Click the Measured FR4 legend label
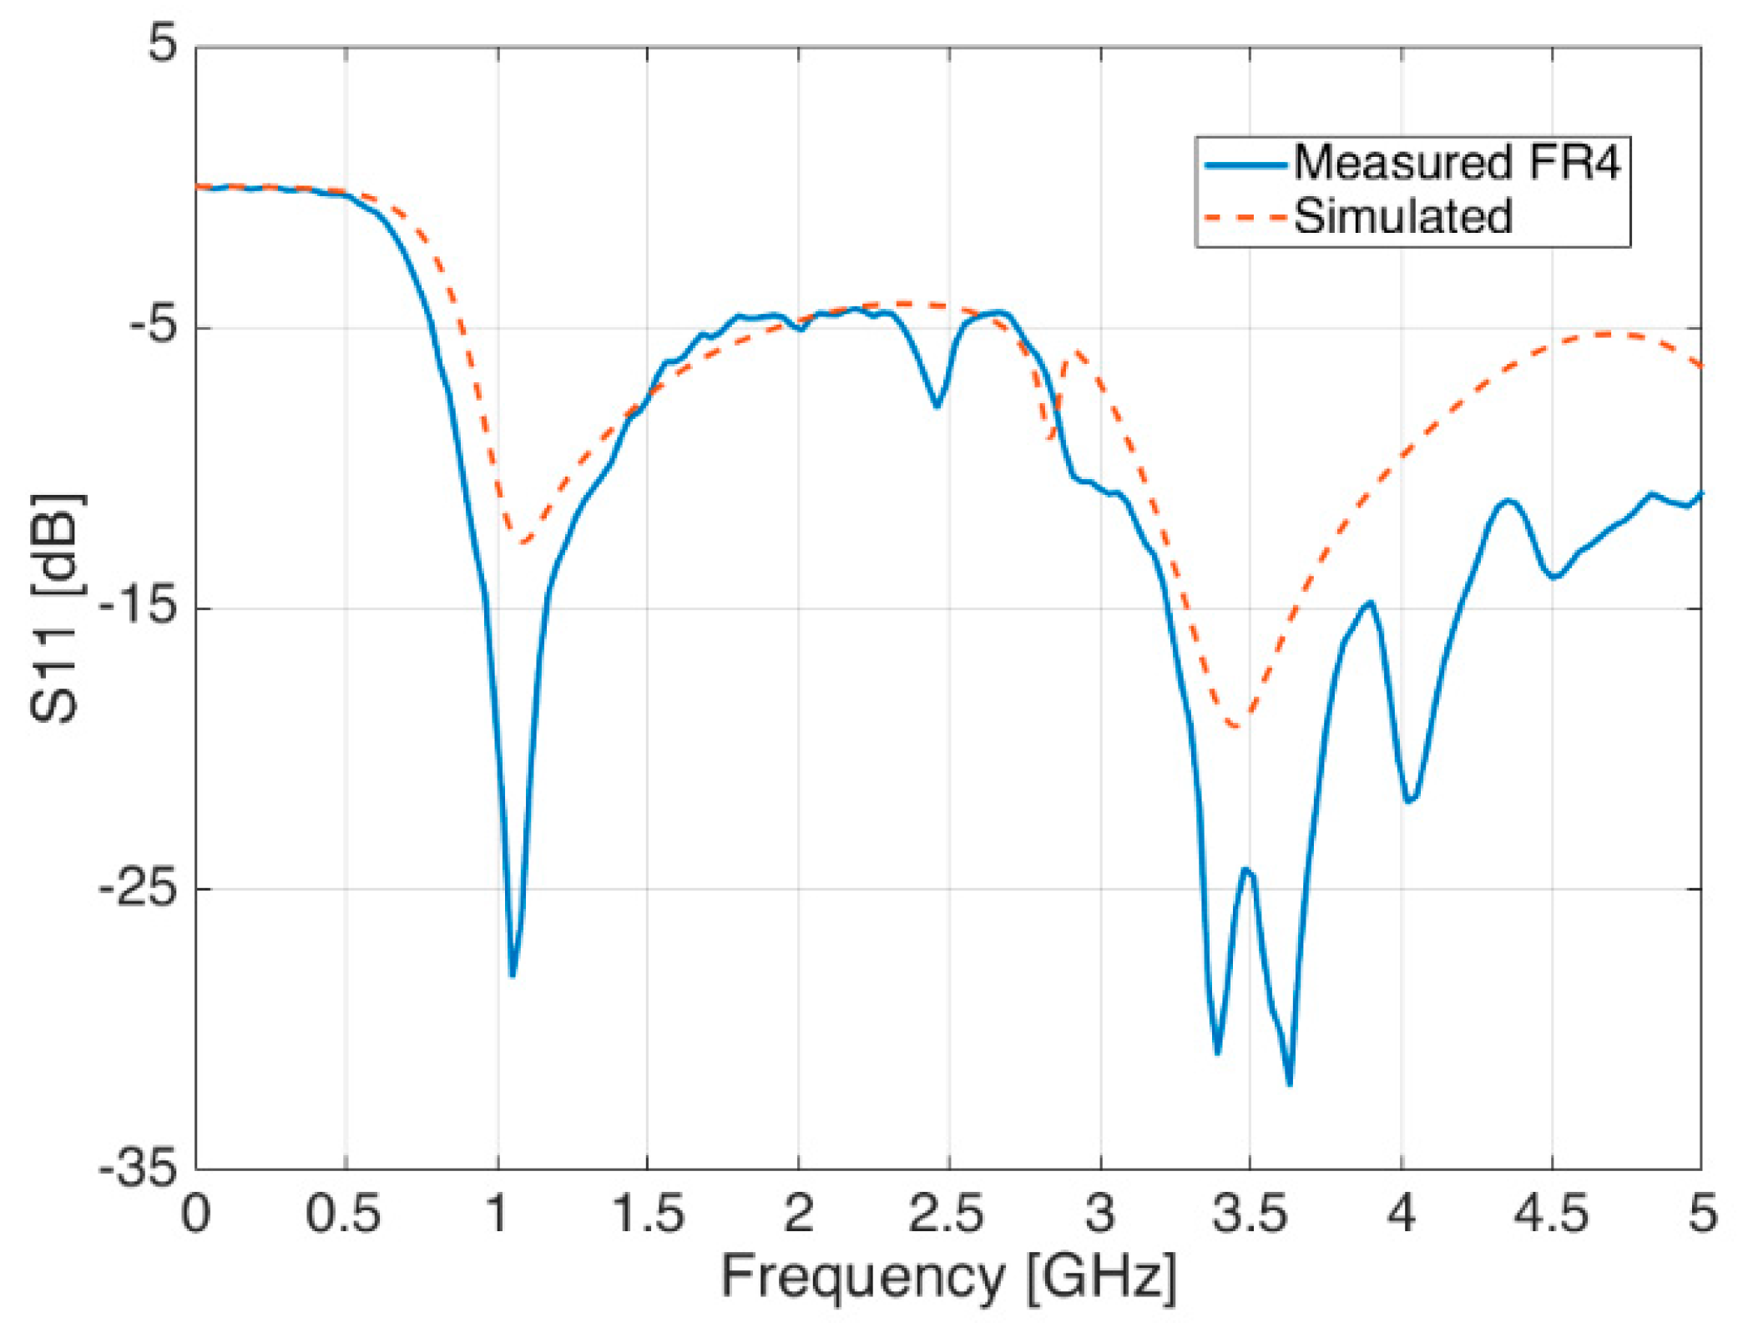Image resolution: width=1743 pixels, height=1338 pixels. point(1456,162)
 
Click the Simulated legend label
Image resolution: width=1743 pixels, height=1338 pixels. point(1402,216)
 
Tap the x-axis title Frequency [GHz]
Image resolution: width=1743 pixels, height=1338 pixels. point(948,1276)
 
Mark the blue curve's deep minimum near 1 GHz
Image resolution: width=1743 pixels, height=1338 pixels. point(512,975)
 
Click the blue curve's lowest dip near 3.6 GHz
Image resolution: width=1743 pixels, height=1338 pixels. point(1290,1083)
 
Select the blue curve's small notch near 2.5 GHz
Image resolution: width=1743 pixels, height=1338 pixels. point(937,406)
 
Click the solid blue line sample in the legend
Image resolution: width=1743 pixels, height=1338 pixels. point(1245,164)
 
